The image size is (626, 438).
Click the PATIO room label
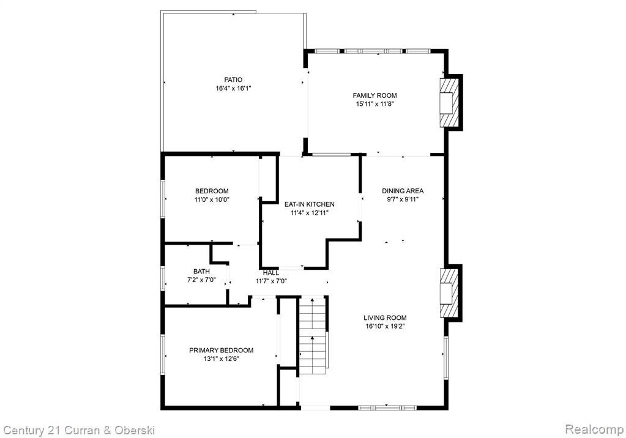(x=233, y=80)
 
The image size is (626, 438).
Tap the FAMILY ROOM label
(x=374, y=95)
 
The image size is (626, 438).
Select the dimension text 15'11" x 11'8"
(x=374, y=104)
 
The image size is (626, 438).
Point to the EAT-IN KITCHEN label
(x=310, y=204)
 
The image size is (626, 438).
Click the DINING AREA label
(x=403, y=191)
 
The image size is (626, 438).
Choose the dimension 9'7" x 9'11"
(x=403, y=199)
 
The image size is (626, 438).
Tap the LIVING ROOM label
(x=385, y=318)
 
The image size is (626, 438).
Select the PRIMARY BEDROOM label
(x=221, y=350)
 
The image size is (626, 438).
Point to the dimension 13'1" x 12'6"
(x=221, y=359)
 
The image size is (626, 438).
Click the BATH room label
(x=201, y=272)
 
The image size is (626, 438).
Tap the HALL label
(x=271, y=273)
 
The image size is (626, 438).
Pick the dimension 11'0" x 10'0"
(x=212, y=199)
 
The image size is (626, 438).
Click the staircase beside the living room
(x=313, y=335)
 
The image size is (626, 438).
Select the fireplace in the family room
(x=451, y=103)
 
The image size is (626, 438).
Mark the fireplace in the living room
(x=451, y=293)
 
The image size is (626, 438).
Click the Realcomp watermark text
(x=594, y=429)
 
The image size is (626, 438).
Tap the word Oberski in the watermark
(x=135, y=430)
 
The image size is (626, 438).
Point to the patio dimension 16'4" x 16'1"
(x=233, y=89)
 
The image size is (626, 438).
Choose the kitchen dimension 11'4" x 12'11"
(x=310, y=213)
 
